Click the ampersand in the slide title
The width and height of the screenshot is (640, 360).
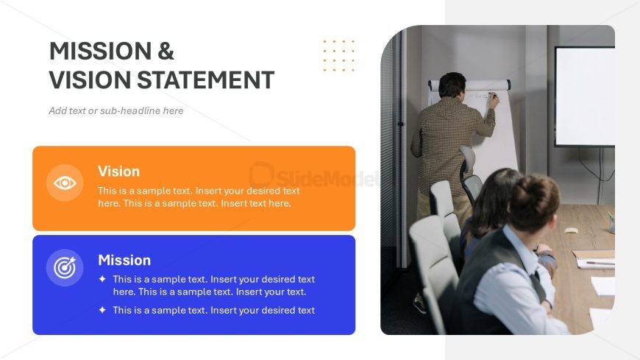coord(166,51)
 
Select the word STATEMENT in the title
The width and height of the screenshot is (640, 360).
coord(205,80)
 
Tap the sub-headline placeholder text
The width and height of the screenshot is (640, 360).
coord(116,110)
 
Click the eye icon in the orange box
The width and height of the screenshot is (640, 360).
coord(65,183)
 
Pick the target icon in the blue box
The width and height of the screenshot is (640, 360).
coord(65,268)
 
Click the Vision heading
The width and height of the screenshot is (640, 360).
coord(118,172)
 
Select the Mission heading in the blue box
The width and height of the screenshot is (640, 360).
coord(124,261)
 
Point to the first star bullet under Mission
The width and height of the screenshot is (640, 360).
coord(102,279)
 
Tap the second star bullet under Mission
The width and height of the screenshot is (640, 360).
coord(102,310)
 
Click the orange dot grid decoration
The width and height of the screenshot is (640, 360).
coord(339,55)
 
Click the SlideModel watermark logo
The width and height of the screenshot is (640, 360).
coord(313,176)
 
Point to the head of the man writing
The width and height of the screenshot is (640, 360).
coord(452,85)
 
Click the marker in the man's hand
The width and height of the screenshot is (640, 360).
coord(493,95)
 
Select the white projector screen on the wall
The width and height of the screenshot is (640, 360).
coord(585,96)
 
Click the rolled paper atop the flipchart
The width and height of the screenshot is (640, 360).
coord(469,85)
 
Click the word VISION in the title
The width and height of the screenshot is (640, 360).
coord(90,80)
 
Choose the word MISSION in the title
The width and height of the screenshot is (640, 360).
coord(100,51)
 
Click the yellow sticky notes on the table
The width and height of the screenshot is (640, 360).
coord(572,230)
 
